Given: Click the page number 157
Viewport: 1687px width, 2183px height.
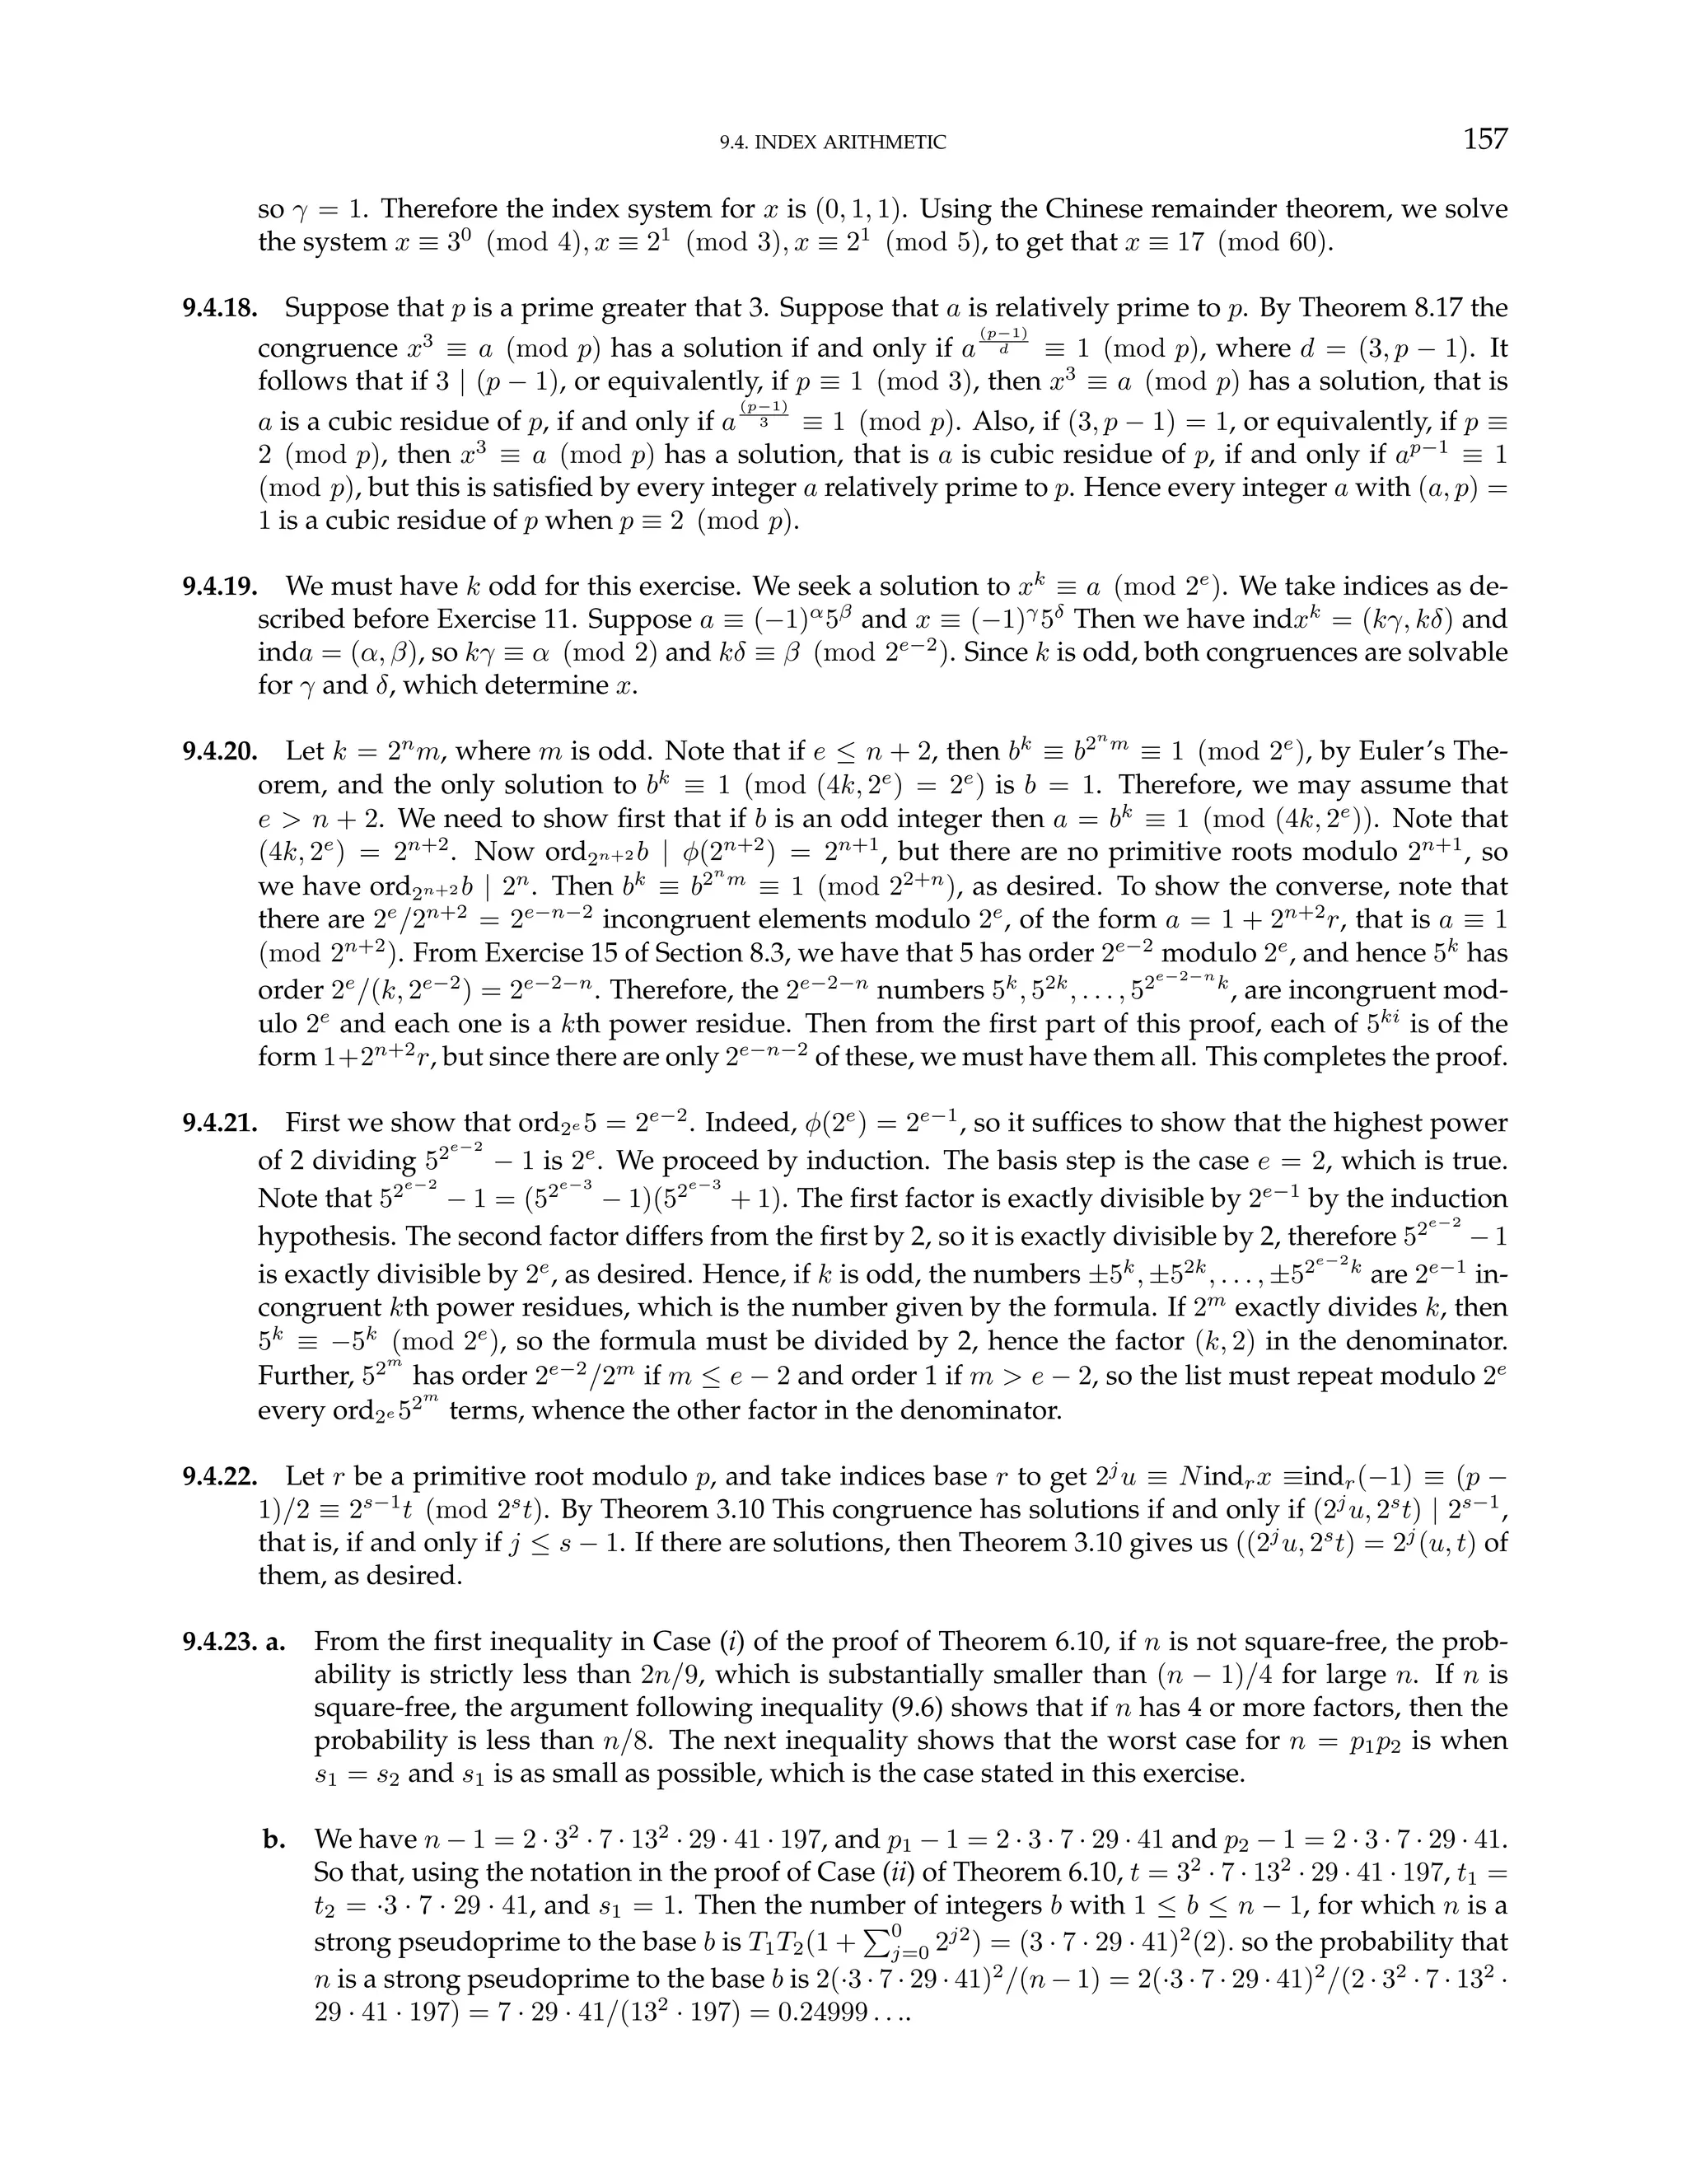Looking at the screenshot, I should click(1484, 139).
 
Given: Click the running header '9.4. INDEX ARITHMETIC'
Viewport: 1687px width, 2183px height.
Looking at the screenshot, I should click(833, 143).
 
